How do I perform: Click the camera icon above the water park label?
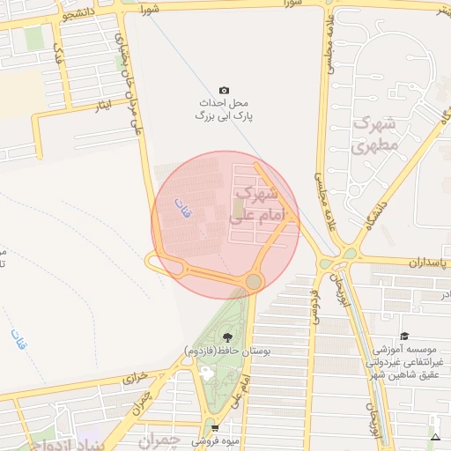pos(224,91)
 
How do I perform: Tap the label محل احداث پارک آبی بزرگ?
pos(224,109)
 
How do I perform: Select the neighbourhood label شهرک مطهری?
pos(375,137)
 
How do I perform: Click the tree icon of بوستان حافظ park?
pos(229,336)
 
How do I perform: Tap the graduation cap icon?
pos(404,336)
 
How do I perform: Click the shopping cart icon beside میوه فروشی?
pos(215,428)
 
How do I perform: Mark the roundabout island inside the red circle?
pos(254,281)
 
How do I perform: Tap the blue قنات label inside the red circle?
pos(184,208)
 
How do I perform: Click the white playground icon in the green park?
pos(206,372)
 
